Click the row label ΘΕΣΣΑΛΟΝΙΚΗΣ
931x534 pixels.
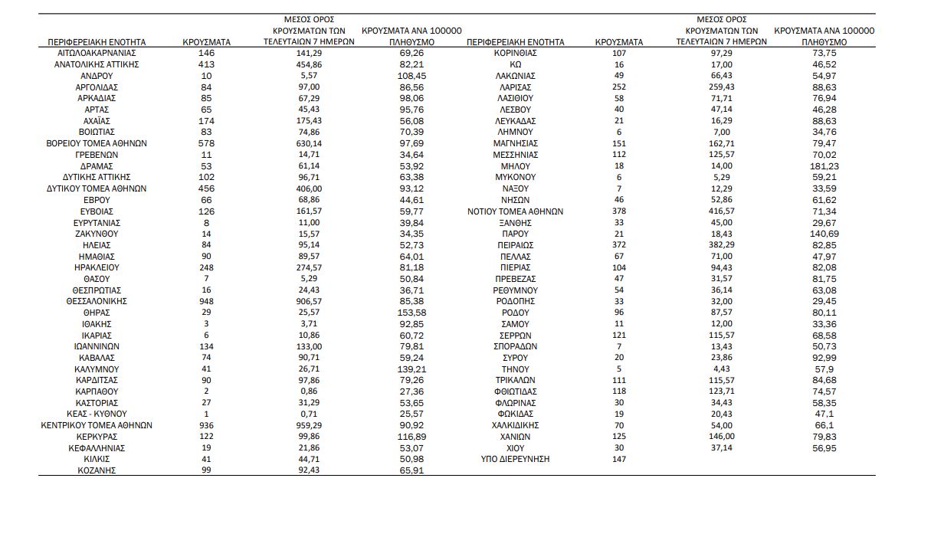point(97,301)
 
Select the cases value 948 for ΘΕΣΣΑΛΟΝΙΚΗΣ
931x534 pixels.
point(206,301)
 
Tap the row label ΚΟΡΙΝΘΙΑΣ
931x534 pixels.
point(516,53)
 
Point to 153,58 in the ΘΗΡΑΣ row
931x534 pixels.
point(411,313)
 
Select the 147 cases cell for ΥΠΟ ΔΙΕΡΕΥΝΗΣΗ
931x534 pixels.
point(619,459)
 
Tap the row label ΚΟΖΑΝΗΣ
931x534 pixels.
point(97,470)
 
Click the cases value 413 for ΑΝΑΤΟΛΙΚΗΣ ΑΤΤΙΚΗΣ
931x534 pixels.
point(206,64)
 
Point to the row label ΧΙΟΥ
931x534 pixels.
point(516,447)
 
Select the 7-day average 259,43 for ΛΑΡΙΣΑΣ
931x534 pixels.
point(721,87)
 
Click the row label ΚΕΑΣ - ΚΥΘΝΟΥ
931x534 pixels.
point(97,414)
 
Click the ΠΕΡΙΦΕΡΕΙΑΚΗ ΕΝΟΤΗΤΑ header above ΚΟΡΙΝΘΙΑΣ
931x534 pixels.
point(515,42)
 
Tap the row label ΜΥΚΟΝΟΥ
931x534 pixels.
point(516,177)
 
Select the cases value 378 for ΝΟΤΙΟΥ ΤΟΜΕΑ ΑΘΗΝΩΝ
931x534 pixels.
point(619,211)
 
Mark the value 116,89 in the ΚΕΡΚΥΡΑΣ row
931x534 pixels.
point(411,437)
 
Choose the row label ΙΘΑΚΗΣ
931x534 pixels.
point(97,324)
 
